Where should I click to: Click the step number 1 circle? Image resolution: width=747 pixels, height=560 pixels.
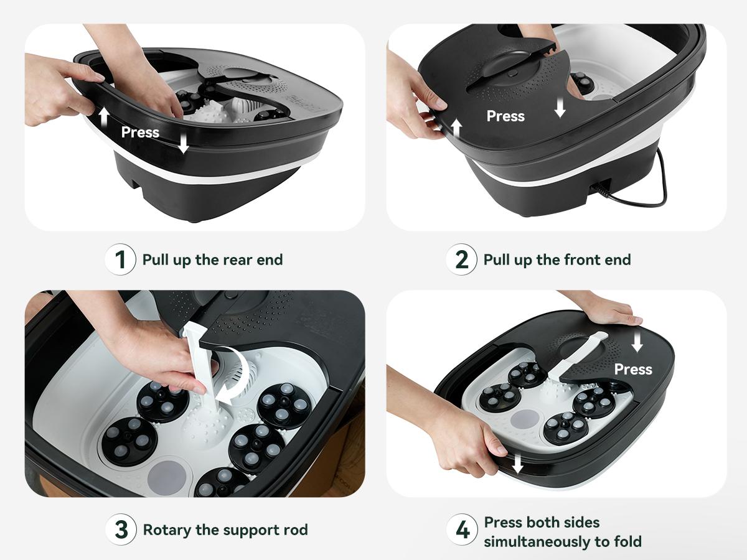(120, 259)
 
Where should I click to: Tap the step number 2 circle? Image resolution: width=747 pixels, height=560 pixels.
(461, 259)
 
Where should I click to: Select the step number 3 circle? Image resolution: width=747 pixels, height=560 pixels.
(120, 530)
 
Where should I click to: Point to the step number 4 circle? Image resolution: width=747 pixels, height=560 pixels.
(461, 531)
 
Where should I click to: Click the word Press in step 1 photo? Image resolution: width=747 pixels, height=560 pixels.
(140, 133)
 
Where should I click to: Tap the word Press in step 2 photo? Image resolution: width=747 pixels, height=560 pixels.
(505, 116)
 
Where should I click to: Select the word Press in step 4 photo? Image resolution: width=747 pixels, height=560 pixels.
(633, 370)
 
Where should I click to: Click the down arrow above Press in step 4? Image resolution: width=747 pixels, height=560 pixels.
(637, 342)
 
